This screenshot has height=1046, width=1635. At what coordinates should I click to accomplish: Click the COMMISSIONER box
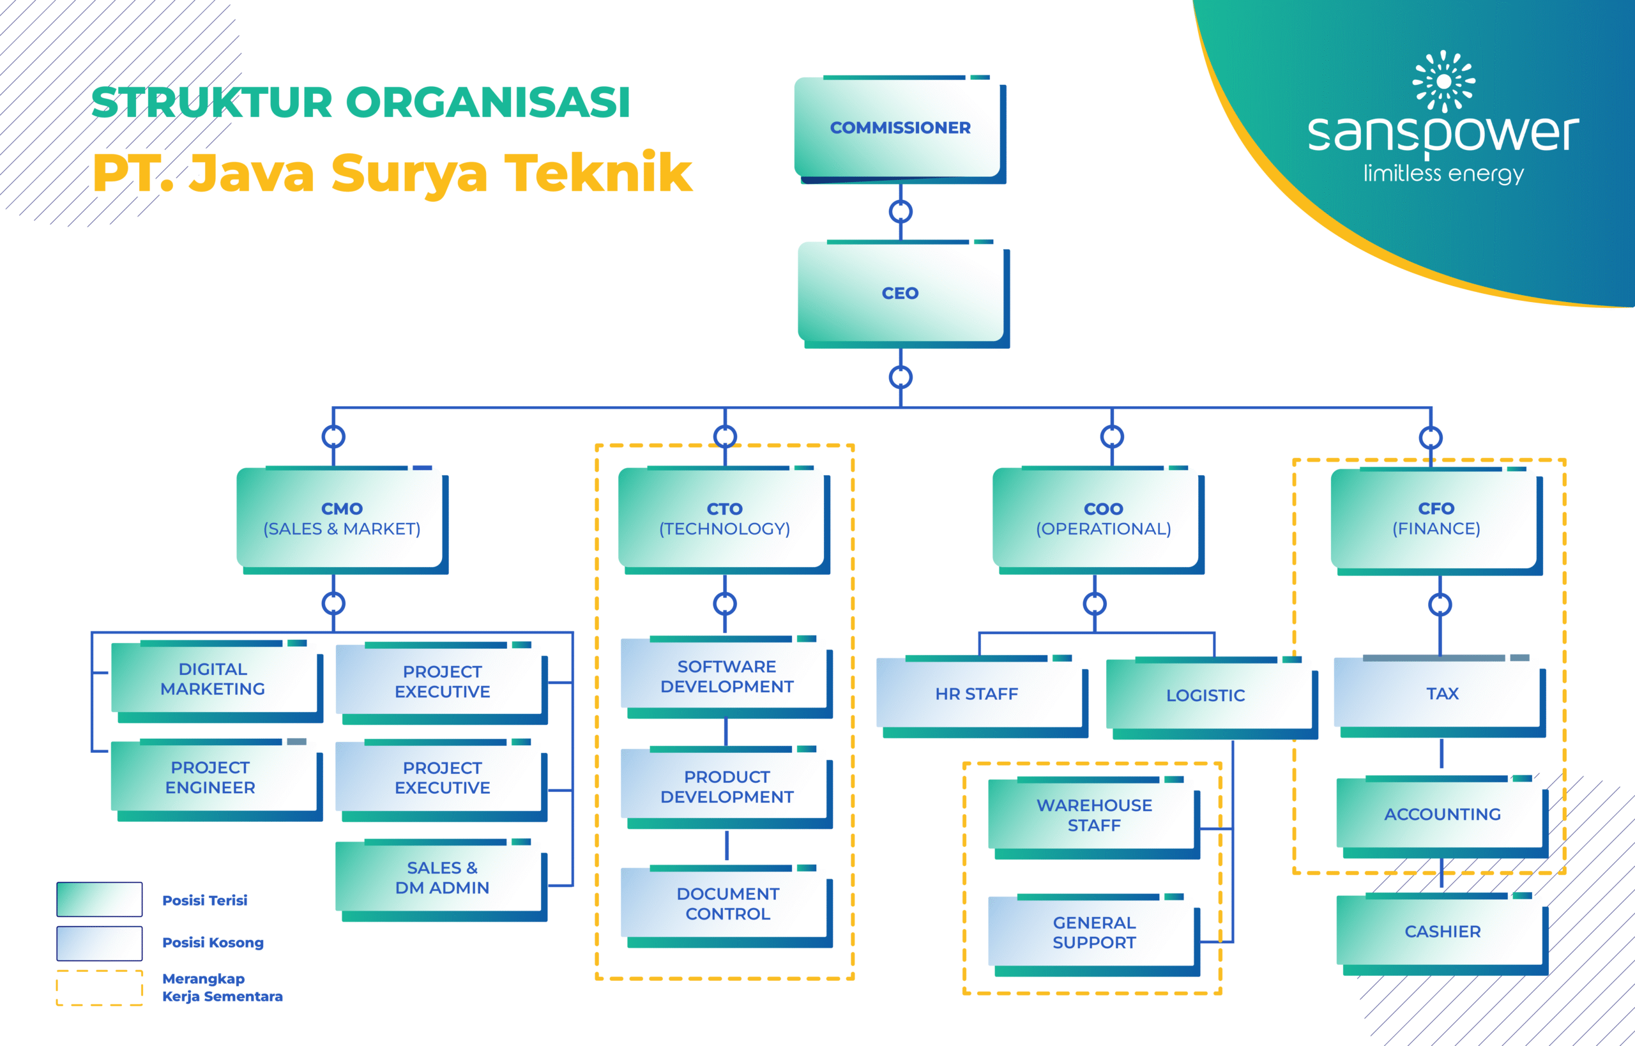(x=899, y=128)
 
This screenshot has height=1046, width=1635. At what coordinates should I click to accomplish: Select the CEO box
(x=900, y=292)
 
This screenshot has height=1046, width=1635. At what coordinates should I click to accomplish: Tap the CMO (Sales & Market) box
(x=341, y=519)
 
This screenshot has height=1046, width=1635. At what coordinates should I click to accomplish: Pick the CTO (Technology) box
(x=724, y=519)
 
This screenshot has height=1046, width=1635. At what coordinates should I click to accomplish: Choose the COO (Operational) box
(x=1102, y=519)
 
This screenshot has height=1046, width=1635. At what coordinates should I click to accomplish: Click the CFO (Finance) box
(x=1435, y=519)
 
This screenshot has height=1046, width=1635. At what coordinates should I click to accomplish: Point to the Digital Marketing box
(x=213, y=679)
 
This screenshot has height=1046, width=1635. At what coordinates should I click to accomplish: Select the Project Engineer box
(x=211, y=777)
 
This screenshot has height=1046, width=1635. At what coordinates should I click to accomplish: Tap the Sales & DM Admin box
(x=441, y=877)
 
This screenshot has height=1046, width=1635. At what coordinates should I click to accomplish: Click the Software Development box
(x=726, y=676)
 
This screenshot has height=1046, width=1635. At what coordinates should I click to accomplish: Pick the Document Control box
(x=727, y=904)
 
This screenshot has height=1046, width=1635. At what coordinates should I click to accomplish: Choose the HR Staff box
(x=976, y=694)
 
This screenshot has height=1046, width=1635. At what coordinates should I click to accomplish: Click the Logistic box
(x=1206, y=695)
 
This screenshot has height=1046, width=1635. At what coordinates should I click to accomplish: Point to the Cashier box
(x=1441, y=931)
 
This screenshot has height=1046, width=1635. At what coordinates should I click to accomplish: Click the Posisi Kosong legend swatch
(x=99, y=943)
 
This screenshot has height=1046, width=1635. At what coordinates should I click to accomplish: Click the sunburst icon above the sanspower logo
(x=1443, y=81)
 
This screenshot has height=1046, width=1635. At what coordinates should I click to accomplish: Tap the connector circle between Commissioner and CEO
(x=900, y=212)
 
